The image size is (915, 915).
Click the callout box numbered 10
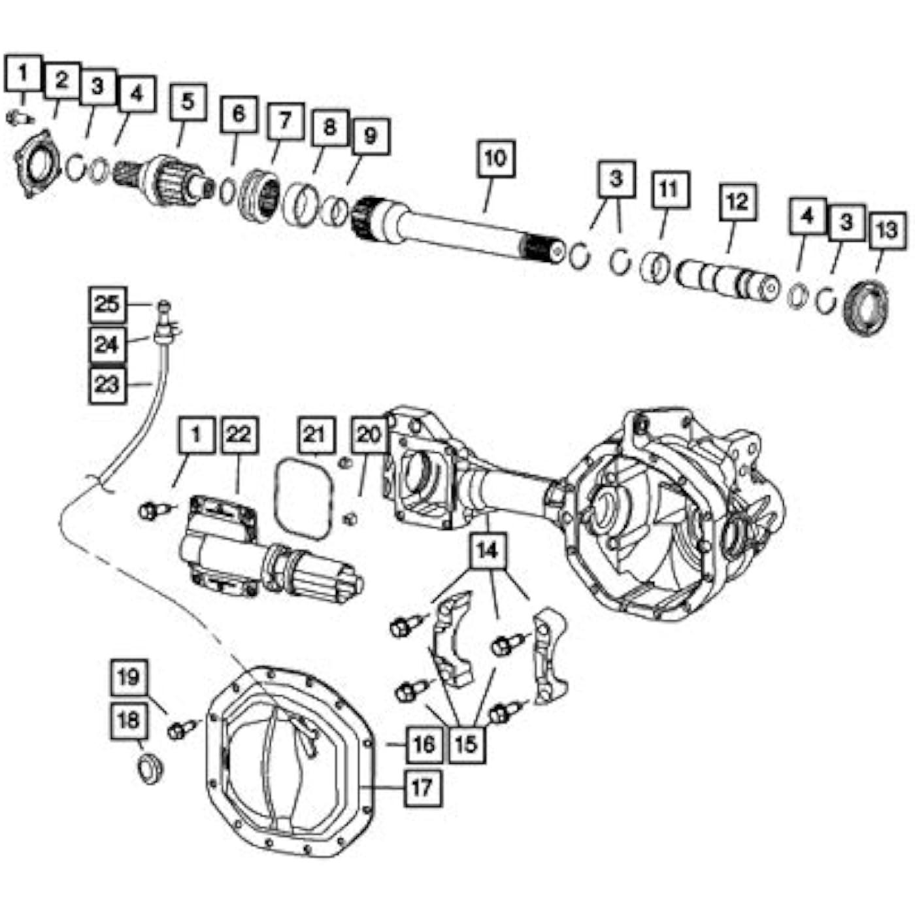pos(496,159)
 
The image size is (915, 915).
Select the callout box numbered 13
pos(888,231)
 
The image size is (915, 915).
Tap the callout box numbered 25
pos(107,305)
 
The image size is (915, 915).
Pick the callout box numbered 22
pos(239,435)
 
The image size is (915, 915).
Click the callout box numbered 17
pos(422,788)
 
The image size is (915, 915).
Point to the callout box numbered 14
pos(488,551)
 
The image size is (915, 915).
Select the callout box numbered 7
pos(286,121)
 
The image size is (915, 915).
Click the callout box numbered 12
pos(737,202)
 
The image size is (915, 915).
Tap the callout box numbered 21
pos(317,435)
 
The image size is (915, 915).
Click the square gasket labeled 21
pos(305,499)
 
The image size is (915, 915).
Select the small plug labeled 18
pos(150,768)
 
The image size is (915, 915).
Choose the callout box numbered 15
pos(467,744)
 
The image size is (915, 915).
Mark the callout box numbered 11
pos(670,190)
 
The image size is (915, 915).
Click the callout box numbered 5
pos(188,102)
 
